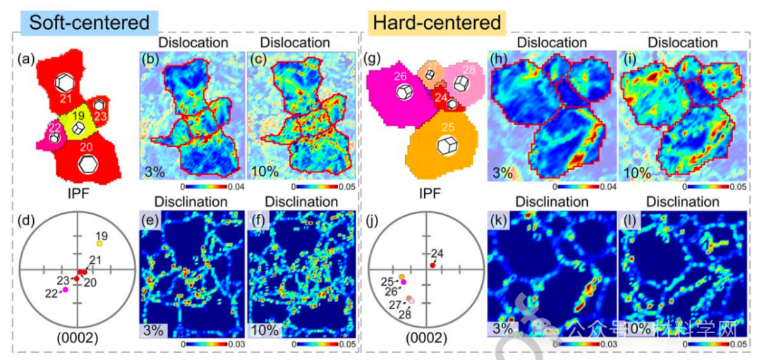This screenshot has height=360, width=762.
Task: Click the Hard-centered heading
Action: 436,22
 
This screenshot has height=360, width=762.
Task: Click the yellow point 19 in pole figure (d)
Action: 99,243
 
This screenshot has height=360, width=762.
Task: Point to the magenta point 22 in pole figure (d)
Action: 64,289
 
